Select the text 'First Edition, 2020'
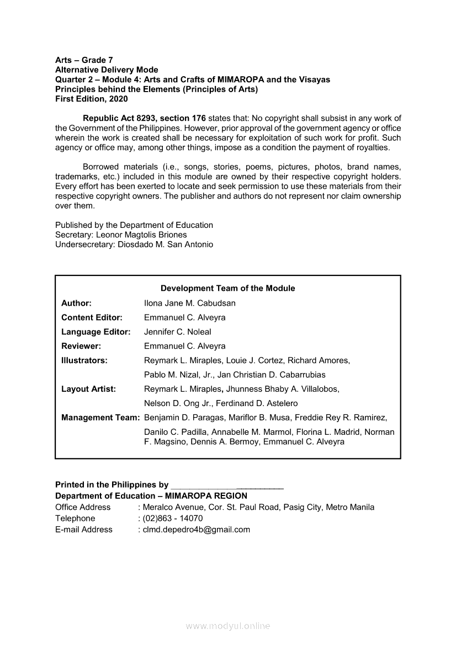tap(91, 99)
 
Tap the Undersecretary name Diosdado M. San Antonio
tap(165, 244)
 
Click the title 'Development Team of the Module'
tap(227, 289)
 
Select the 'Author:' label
tap(76, 303)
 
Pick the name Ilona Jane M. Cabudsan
tap(189, 303)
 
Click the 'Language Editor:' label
tap(96, 332)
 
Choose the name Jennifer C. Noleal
tap(177, 332)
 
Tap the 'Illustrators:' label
tap(84, 360)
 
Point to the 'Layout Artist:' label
tap(88, 389)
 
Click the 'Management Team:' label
tap(100, 418)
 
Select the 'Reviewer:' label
tap(81, 346)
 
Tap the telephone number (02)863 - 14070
tap(172, 519)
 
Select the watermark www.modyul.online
tap(228, 626)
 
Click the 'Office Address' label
tap(83, 508)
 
